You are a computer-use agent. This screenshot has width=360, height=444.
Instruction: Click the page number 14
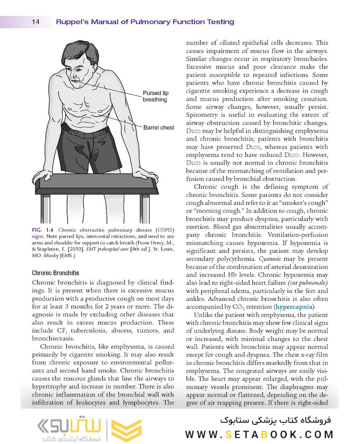[x=35, y=22]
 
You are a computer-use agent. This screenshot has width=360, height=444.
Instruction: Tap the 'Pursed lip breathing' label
[x=155, y=96]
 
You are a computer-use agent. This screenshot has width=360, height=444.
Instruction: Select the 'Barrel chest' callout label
[x=159, y=127]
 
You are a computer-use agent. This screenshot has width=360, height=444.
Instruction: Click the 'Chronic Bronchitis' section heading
[x=55, y=273]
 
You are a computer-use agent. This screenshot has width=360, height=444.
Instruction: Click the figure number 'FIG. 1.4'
[x=43, y=230]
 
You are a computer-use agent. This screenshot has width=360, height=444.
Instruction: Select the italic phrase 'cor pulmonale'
[x=307, y=283]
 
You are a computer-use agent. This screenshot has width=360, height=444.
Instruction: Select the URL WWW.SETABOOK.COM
[x=259, y=434]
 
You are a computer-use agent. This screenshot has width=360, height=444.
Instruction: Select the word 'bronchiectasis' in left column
[x=52, y=338]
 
